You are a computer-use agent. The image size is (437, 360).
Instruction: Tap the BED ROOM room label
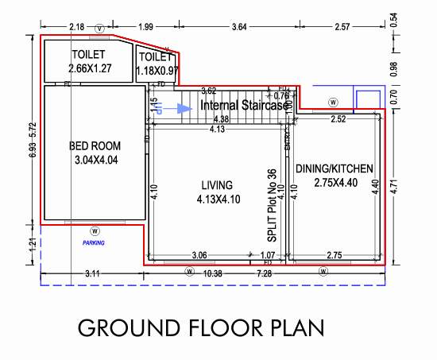(x=95, y=146)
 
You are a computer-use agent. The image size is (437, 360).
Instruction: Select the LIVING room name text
(x=217, y=185)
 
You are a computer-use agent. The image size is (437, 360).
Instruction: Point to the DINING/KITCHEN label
(x=334, y=168)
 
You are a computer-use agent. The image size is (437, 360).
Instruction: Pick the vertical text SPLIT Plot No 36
(x=272, y=206)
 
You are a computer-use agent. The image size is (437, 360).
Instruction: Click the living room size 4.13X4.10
(x=217, y=199)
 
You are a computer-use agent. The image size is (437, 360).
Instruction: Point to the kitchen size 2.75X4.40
(x=334, y=184)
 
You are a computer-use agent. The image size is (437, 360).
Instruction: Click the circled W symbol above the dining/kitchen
(x=333, y=103)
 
